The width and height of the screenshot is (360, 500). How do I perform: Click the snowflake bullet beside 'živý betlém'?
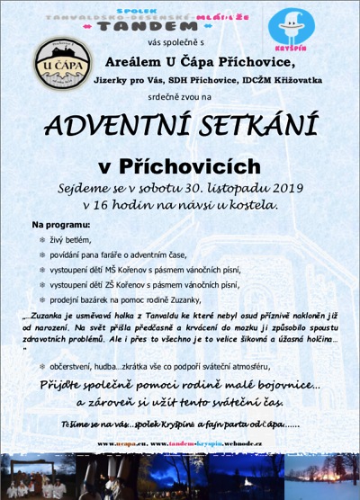(x=40, y=240)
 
